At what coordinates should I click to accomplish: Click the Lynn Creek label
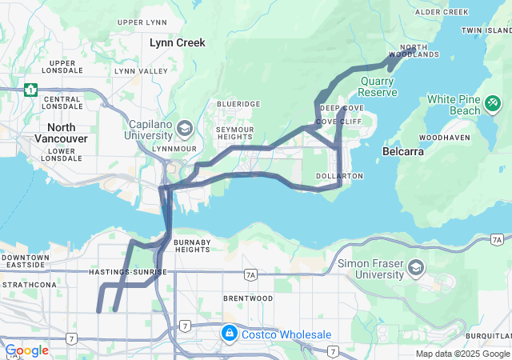(x=178, y=42)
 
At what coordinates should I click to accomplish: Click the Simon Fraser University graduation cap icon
(x=415, y=266)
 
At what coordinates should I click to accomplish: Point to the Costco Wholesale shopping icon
(x=229, y=331)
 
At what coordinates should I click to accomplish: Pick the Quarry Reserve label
(x=378, y=87)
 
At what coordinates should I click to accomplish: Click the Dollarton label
(x=339, y=175)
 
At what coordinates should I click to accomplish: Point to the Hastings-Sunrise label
(x=129, y=272)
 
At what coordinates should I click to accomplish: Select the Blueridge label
(x=238, y=104)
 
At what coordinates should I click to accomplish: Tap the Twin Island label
(x=486, y=30)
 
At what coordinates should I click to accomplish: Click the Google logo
(x=27, y=350)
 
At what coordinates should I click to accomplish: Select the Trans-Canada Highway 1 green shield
(x=31, y=90)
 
